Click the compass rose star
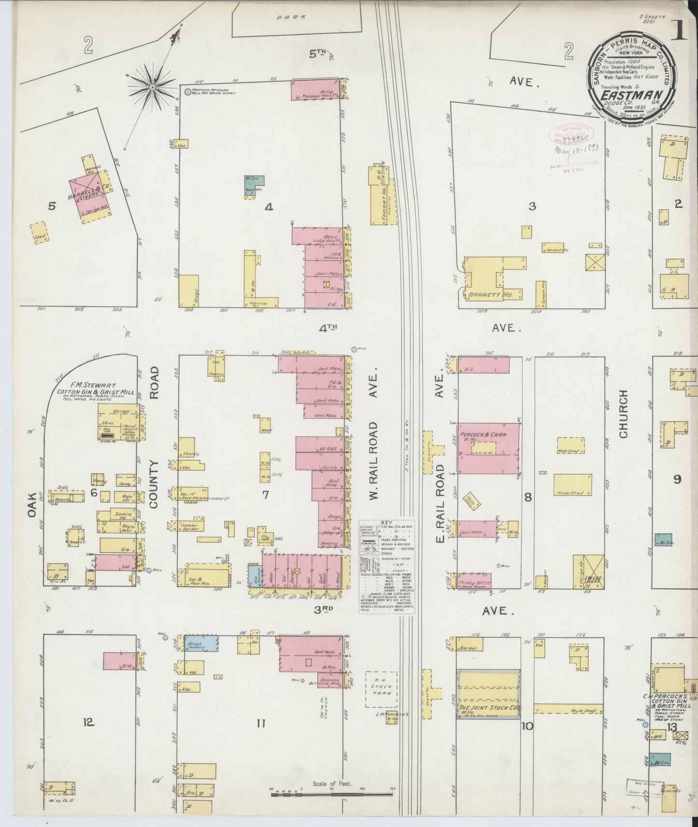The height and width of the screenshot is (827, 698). tap(153, 87)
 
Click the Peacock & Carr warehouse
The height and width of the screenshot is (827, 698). tap(488, 448)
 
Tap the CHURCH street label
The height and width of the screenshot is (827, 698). tap(623, 414)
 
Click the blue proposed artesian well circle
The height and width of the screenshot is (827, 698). tap(188, 91)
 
